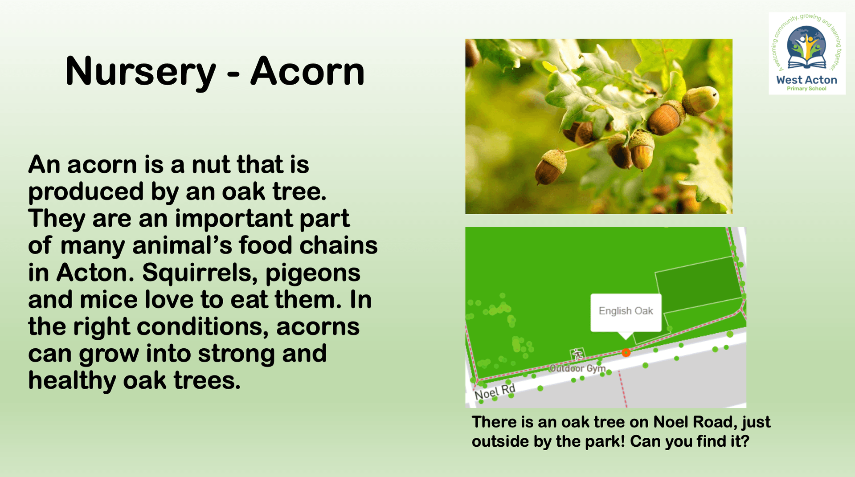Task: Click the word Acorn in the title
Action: [307, 71]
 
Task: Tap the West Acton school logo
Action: [807, 53]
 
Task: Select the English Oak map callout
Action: [626, 313]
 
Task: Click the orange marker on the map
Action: [626, 352]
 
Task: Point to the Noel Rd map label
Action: [495, 391]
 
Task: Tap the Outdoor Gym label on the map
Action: [577, 368]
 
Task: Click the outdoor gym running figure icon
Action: [577, 355]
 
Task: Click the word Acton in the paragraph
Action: [95, 273]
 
